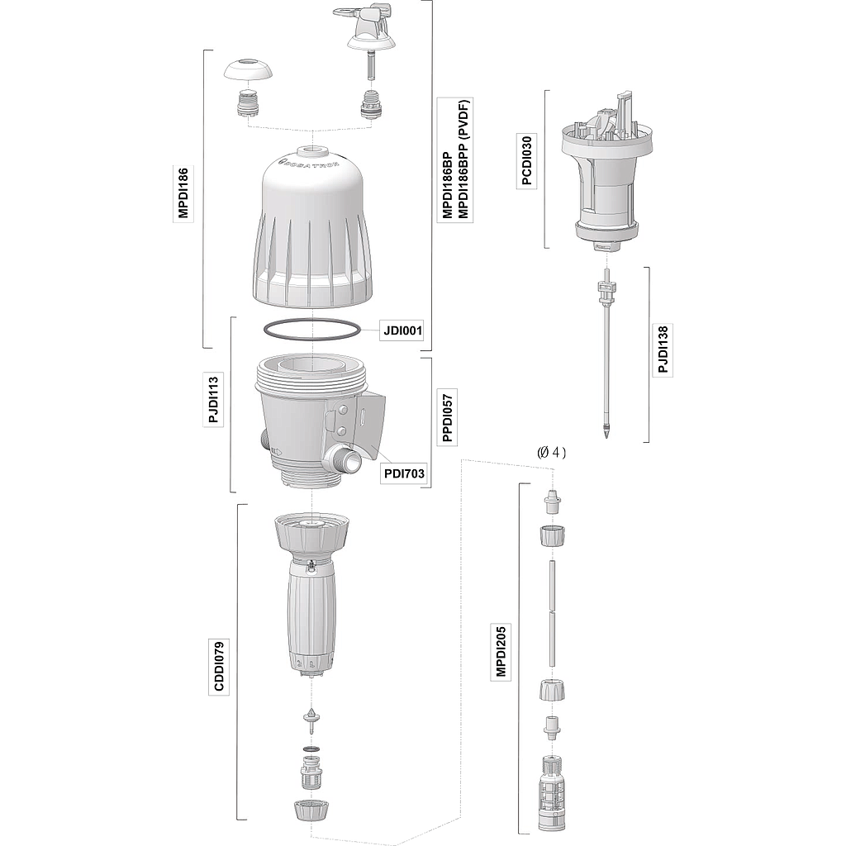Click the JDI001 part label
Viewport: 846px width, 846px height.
(x=402, y=330)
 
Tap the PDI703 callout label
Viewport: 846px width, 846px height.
(x=404, y=473)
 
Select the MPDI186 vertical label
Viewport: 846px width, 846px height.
(x=183, y=192)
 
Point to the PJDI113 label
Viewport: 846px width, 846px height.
(x=213, y=400)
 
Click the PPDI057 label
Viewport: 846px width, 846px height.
(x=447, y=417)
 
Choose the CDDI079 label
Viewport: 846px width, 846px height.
(x=218, y=665)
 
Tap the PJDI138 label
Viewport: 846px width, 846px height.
(x=663, y=349)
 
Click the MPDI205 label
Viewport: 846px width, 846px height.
(x=501, y=651)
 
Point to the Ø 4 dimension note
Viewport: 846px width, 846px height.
(x=551, y=452)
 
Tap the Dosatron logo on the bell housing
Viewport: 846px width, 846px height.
(x=310, y=163)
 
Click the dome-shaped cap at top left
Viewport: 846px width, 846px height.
(x=248, y=71)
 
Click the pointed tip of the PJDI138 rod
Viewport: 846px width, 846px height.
(x=606, y=436)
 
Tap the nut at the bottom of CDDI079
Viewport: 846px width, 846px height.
(x=311, y=810)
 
